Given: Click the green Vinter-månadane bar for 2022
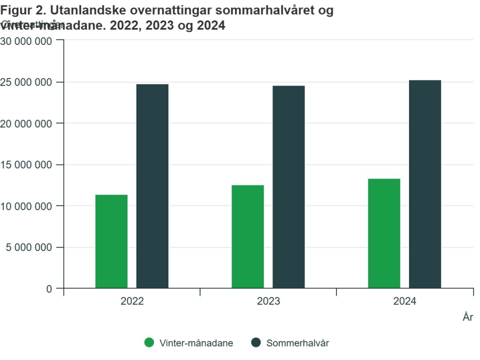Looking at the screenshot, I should click(x=111, y=241).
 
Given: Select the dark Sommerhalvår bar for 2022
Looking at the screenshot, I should click(x=152, y=186).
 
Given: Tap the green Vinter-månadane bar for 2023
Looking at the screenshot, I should click(x=248, y=236).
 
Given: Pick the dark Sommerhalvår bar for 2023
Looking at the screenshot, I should click(x=288, y=187).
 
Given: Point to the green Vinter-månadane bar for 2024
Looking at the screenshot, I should click(x=384, y=233).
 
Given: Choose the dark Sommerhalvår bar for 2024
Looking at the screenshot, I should click(x=425, y=184).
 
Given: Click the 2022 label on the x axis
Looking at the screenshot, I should click(x=132, y=301).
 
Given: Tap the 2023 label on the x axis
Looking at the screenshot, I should click(x=268, y=301).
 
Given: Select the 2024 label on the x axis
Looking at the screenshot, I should click(x=404, y=301).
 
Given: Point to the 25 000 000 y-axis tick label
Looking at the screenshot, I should click(x=28, y=82).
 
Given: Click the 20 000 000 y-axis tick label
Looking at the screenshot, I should click(x=28, y=123).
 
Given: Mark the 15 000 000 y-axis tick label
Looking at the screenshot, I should click(x=28, y=164).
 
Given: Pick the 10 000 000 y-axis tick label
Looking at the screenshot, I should click(x=28, y=206).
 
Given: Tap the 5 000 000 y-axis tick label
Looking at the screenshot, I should click(x=30, y=247).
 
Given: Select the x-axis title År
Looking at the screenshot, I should click(x=467, y=317).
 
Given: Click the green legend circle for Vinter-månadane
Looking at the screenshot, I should click(x=149, y=342).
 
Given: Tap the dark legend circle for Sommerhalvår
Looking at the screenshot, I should click(x=256, y=342).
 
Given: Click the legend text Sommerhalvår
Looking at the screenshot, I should click(x=297, y=343).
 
